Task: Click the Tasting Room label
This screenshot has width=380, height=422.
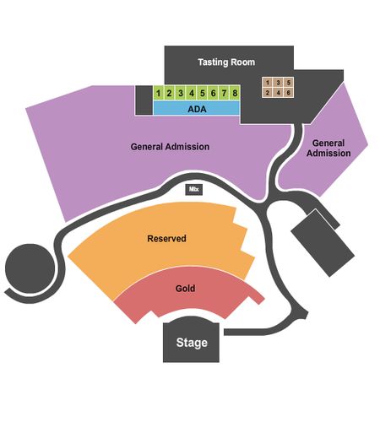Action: (226, 62)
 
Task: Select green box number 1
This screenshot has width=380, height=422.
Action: (159, 93)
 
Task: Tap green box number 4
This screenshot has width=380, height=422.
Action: (192, 93)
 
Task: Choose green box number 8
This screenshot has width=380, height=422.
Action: (235, 93)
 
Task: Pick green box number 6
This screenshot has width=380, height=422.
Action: (213, 93)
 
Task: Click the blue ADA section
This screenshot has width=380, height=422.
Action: (197, 108)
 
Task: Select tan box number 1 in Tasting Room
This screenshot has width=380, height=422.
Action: (268, 83)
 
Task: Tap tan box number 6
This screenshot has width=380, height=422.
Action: (289, 93)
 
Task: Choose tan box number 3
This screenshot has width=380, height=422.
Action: (278, 83)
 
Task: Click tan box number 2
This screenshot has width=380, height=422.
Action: (268, 93)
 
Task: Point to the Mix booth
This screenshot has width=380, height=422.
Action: (194, 189)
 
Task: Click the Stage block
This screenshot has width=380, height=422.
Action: (192, 340)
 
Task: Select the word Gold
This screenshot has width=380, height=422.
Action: (185, 289)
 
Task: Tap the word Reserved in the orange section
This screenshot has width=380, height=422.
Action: (166, 239)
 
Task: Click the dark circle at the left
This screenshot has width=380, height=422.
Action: (30, 268)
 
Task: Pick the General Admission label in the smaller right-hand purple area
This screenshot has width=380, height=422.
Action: (328, 148)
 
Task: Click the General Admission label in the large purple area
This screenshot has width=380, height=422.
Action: (170, 147)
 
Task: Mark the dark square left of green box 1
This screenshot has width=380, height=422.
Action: (144, 100)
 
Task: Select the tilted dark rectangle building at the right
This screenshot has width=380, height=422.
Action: (323, 243)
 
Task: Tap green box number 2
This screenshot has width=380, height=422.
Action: (169, 93)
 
